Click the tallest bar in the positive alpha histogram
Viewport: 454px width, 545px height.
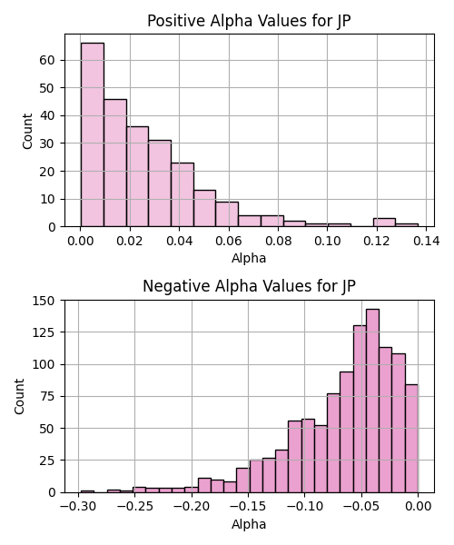click(x=93, y=134)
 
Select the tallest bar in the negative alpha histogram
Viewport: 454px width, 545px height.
click(x=372, y=401)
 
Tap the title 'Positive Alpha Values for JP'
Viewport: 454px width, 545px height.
click(x=249, y=21)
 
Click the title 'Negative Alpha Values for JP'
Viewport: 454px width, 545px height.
click(x=249, y=286)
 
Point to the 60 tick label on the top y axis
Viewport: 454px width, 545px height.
click(x=47, y=60)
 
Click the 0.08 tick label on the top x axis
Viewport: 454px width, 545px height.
click(x=278, y=241)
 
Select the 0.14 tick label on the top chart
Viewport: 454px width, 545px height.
click(x=426, y=241)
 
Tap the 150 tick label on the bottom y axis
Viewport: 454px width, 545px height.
click(x=44, y=301)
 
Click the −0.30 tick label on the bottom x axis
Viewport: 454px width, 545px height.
click(x=78, y=507)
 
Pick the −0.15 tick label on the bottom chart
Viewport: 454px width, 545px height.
click(x=248, y=507)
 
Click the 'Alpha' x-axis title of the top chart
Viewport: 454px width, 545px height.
click(x=249, y=258)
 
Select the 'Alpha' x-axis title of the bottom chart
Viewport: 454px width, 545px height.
click(x=249, y=524)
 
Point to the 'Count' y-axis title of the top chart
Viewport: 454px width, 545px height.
click(x=27, y=132)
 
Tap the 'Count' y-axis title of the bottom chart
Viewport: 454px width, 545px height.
click(x=19, y=397)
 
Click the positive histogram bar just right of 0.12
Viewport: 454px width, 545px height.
click(x=384, y=223)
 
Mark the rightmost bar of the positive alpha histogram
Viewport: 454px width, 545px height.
click(x=407, y=225)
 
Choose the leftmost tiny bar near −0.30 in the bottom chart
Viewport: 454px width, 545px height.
click(x=87, y=491)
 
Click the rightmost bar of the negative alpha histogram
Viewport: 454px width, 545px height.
click(x=411, y=439)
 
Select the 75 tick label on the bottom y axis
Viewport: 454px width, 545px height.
click(x=47, y=396)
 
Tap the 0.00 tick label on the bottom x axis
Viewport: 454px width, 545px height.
click(x=419, y=507)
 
